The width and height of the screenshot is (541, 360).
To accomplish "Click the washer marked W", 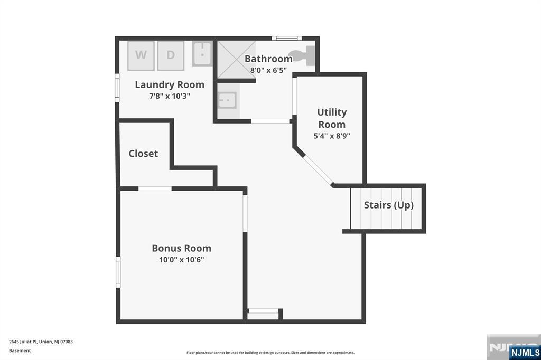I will [x=141, y=55].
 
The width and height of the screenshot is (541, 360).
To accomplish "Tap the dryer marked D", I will [x=171, y=55].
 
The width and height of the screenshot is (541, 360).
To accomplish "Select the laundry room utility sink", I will [x=202, y=54].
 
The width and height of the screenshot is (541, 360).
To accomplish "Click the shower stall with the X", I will [x=236, y=59].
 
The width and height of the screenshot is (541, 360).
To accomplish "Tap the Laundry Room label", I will [x=170, y=84].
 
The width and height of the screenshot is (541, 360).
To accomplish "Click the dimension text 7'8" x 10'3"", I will [x=170, y=96].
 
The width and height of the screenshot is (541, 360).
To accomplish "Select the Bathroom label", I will [x=268, y=59].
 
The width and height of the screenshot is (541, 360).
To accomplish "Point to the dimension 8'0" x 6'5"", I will [x=268, y=70].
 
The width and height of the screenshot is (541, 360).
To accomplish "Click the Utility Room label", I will [x=332, y=118].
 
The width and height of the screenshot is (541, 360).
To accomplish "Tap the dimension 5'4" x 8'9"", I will [x=332, y=136].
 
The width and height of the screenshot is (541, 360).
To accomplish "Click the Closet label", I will [x=143, y=154].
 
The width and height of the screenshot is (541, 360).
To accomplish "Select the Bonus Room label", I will [x=181, y=248].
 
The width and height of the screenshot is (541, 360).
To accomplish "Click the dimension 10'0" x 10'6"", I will [x=181, y=260].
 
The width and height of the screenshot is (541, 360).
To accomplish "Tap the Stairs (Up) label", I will [x=388, y=205].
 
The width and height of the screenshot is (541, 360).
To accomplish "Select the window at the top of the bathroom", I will [x=287, y=38].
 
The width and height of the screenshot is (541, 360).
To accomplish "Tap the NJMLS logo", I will [x=525, y=353].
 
